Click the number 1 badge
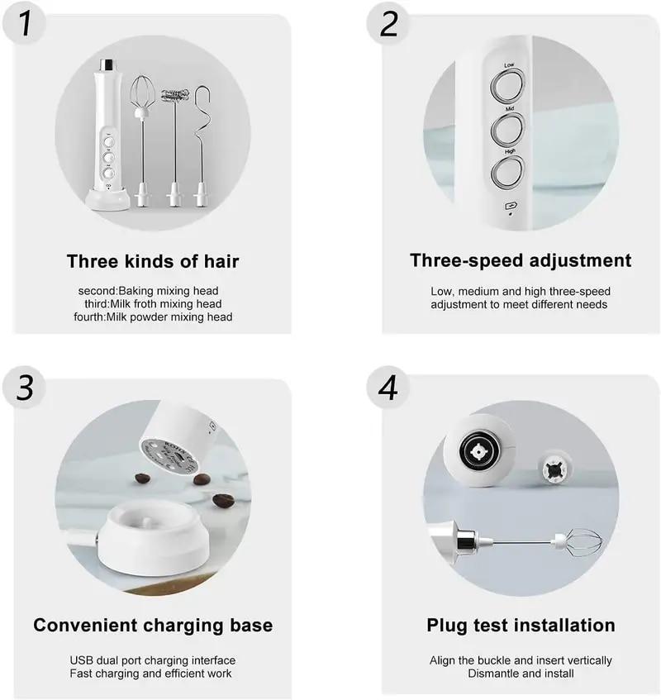click(26, 24)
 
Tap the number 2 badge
click(389, 24)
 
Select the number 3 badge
click(26, 388)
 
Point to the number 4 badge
click(389, 388)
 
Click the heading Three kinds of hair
click(153, 262)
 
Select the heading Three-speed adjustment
click(521, 260)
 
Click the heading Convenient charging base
click(153, 625)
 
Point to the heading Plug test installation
click(521, 625)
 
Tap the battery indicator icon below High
click(510, 207)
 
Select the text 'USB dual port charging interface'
click(153, 660)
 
